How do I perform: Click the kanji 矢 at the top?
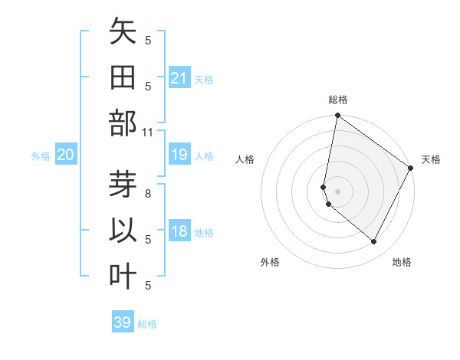point(123,32)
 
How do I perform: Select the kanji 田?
point(123,78)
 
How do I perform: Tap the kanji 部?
point(123,123)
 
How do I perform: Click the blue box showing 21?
point(179,78)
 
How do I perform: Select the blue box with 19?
point(179,155)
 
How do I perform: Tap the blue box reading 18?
point(179,231)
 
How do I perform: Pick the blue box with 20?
point(66,155)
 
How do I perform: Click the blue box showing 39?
point(123,322)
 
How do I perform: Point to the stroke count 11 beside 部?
point(148,132)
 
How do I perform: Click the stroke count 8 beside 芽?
point(148,194)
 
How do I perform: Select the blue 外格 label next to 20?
point(41,156)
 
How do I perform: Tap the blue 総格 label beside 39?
point(148,324)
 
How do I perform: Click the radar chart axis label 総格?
point(337,100)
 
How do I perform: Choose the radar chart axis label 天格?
point(431,159)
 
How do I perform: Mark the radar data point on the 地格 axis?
point(373,242)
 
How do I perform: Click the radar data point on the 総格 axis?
point(337,116)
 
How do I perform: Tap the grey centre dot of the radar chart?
point(337,191)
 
